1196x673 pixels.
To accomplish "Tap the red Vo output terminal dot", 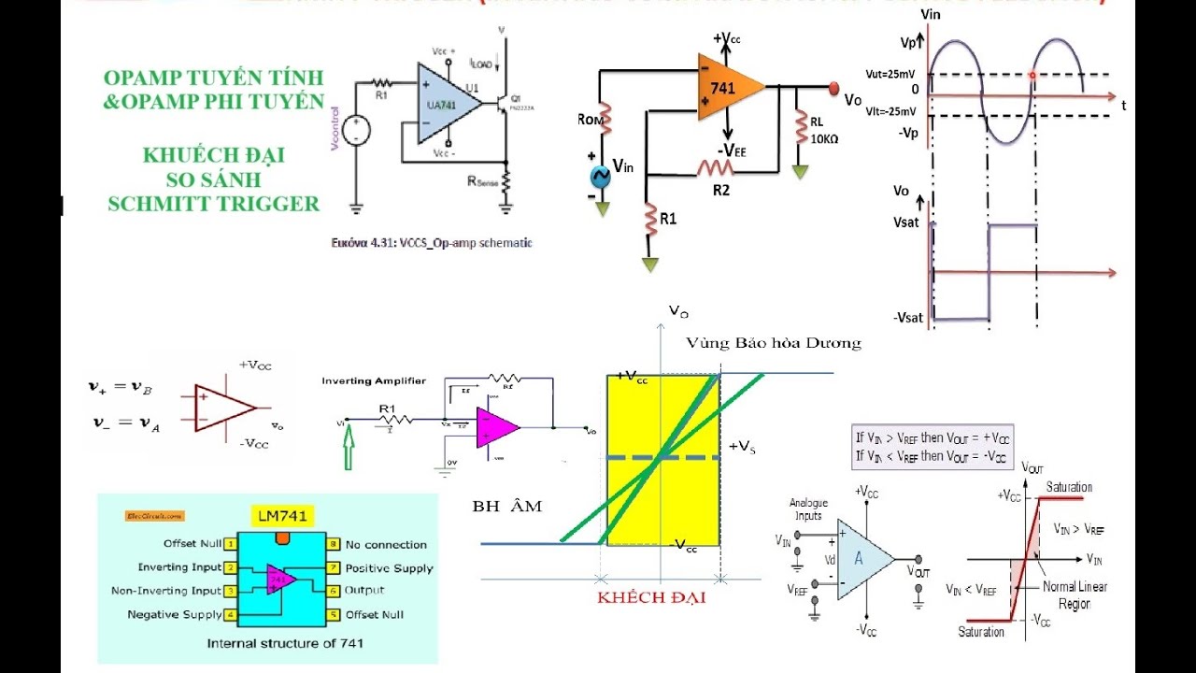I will (833, 88).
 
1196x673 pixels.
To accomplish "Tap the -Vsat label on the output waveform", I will (907, 318).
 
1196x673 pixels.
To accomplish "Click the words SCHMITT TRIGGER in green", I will (213, 203).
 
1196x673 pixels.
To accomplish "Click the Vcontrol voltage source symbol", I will (356, 131).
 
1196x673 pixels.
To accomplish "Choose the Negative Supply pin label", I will (175, 615).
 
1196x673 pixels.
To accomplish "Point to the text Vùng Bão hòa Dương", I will (773, 343).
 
